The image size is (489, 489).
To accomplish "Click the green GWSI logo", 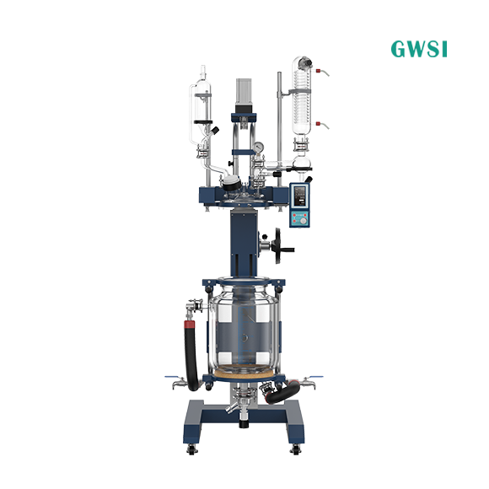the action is tap(419, 49).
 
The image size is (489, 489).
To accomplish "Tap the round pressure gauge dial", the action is tap(258, 146).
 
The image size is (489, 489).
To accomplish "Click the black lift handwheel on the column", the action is tap(279, 245).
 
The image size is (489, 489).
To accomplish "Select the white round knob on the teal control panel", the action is tap(304, 221).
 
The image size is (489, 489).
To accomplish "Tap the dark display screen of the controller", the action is tap(299, 196).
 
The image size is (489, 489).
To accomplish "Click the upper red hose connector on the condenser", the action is tap(319, 71).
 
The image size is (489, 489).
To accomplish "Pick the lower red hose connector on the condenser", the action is tap(319, 124).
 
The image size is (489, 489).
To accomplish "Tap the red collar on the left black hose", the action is tap(190, 325).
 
